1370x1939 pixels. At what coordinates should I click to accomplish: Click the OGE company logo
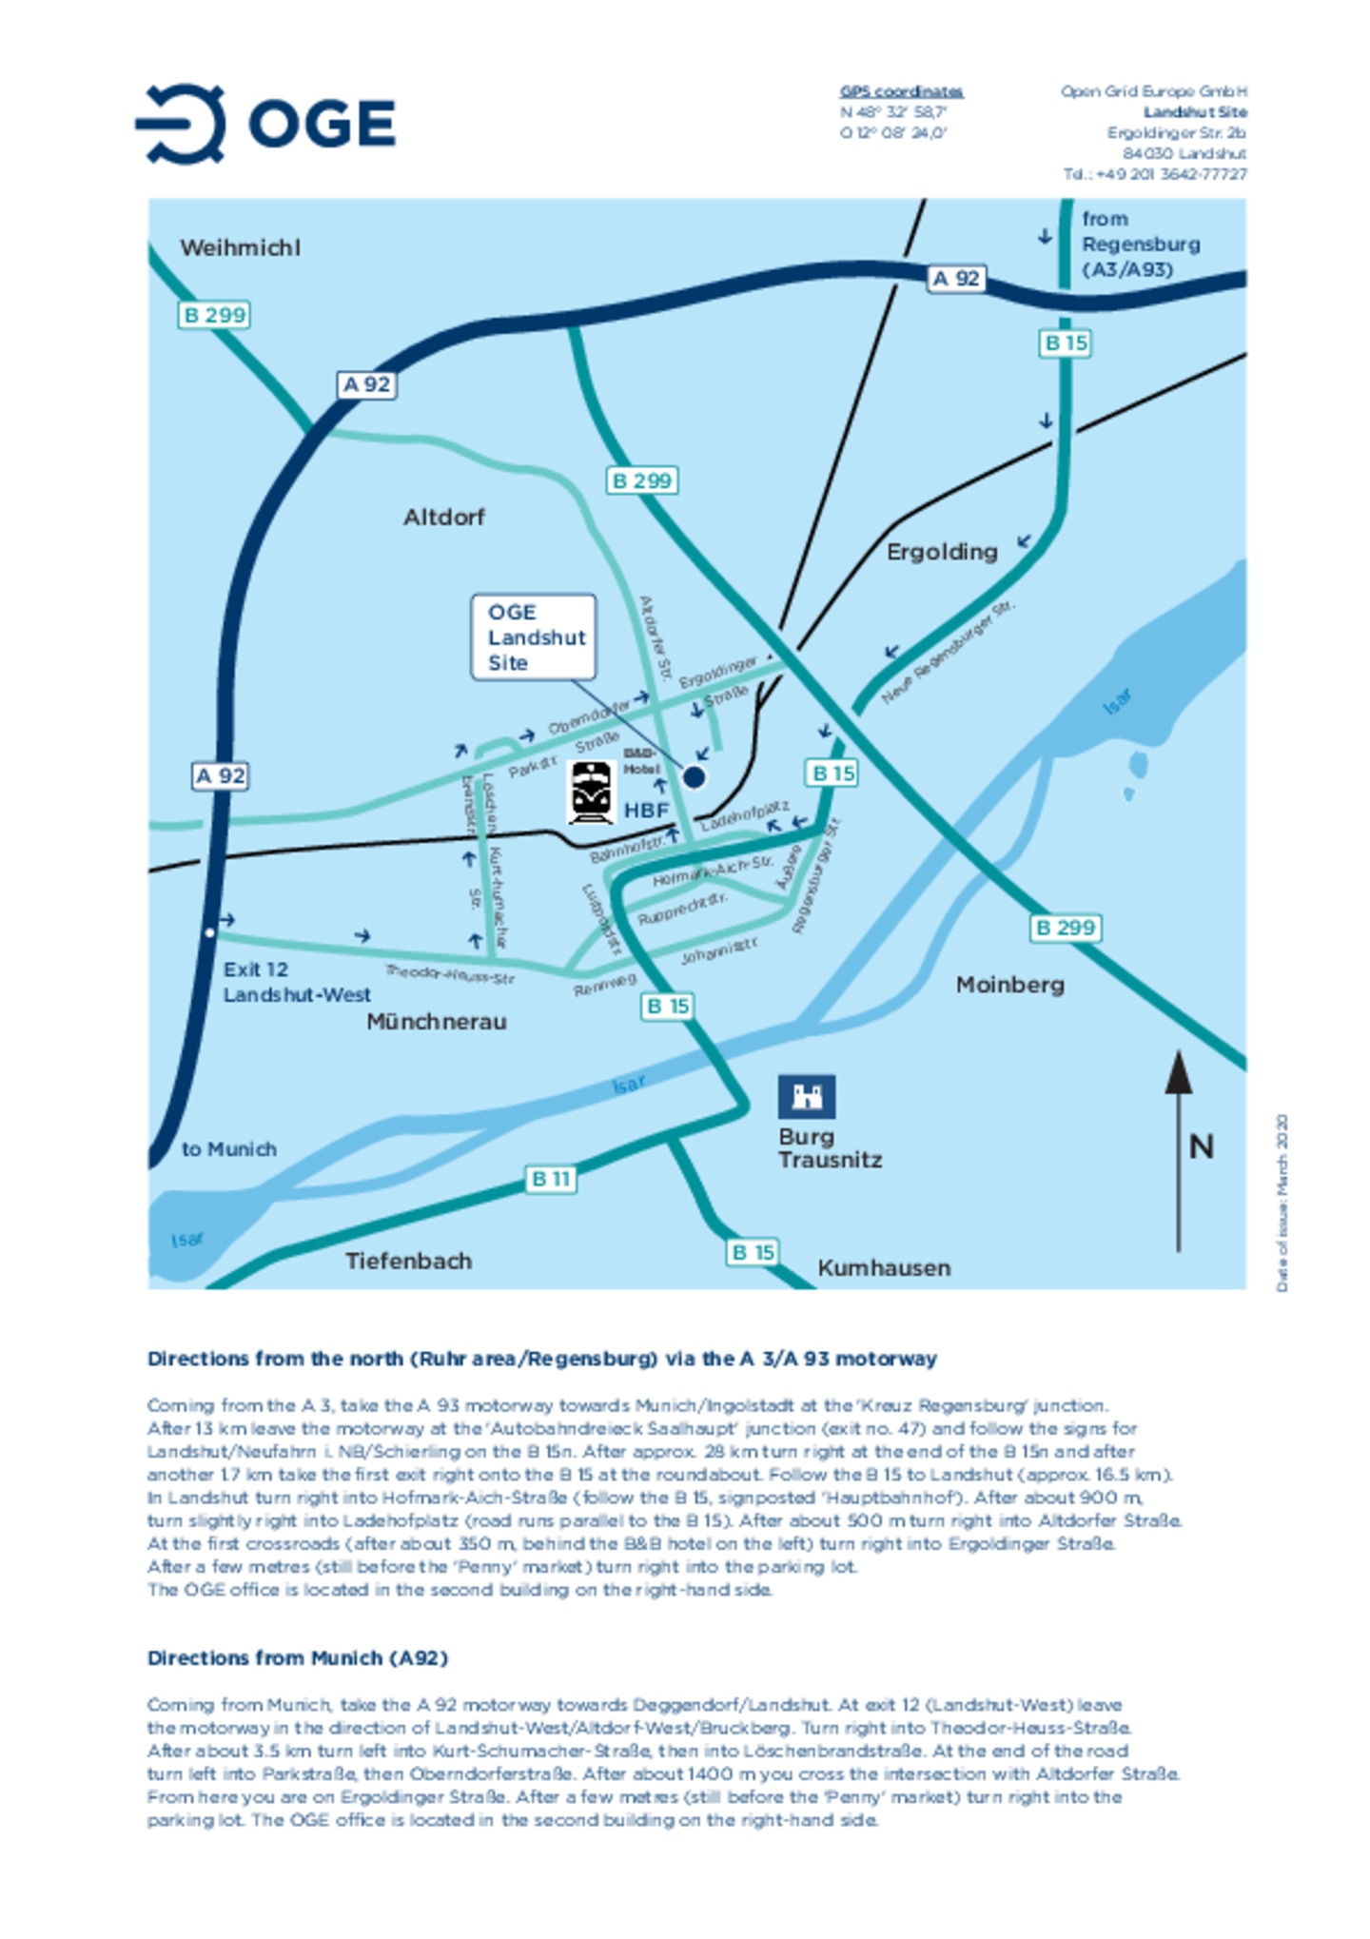(265, 123)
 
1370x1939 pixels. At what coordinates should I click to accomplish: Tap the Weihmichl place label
(240, 248)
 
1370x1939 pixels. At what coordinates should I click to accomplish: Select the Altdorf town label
(443, 518)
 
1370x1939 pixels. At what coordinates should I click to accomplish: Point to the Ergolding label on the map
(941, 552)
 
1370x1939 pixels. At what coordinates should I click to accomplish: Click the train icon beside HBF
(591, 792)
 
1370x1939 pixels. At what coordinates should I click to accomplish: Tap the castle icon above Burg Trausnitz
(806, 1096)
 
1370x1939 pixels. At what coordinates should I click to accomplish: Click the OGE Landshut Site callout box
(534, 637)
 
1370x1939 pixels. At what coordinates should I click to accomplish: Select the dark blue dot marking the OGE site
(695, 777)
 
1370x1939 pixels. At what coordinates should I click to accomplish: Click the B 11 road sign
(551, 1179)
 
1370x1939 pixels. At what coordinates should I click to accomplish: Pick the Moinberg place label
(1009, 985)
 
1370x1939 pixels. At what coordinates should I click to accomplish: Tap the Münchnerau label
(437, 1022)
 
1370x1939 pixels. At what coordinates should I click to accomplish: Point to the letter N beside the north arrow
(1201, 1146)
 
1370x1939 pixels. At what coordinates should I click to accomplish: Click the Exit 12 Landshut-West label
(296, 982)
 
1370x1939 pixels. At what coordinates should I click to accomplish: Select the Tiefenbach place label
(408, 1262)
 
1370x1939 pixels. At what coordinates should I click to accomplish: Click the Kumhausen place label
(884, 1268)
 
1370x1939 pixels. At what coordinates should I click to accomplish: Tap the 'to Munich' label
(229, 1149)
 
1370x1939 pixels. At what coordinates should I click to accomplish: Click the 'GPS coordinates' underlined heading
(901, 91)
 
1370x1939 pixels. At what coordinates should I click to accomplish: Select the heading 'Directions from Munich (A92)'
(297, 1657)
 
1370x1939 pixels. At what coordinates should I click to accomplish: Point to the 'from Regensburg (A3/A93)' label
(1140, 245)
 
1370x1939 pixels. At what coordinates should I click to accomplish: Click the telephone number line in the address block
(1154, 174)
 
